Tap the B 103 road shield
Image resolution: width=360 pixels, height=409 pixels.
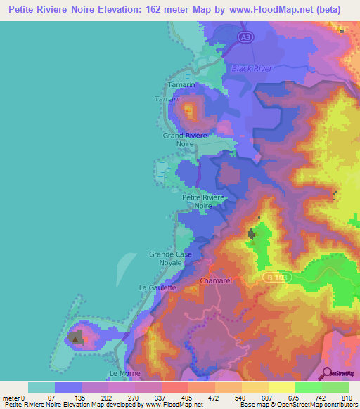click(x=278, y=278)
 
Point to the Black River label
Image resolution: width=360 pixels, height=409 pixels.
click(x=251, y=68)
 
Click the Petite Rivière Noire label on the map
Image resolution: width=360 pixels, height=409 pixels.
click(x=203, y=202)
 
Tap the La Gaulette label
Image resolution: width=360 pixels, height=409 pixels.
click(x=157, y=287)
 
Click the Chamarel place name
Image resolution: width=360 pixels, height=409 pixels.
click(x=215, y=280)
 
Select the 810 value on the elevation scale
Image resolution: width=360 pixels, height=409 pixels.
click(x=345, y=397)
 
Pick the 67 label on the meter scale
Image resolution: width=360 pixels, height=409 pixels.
click(x=69, y=397)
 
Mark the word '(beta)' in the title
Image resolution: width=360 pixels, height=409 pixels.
click(x=327, y=10)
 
